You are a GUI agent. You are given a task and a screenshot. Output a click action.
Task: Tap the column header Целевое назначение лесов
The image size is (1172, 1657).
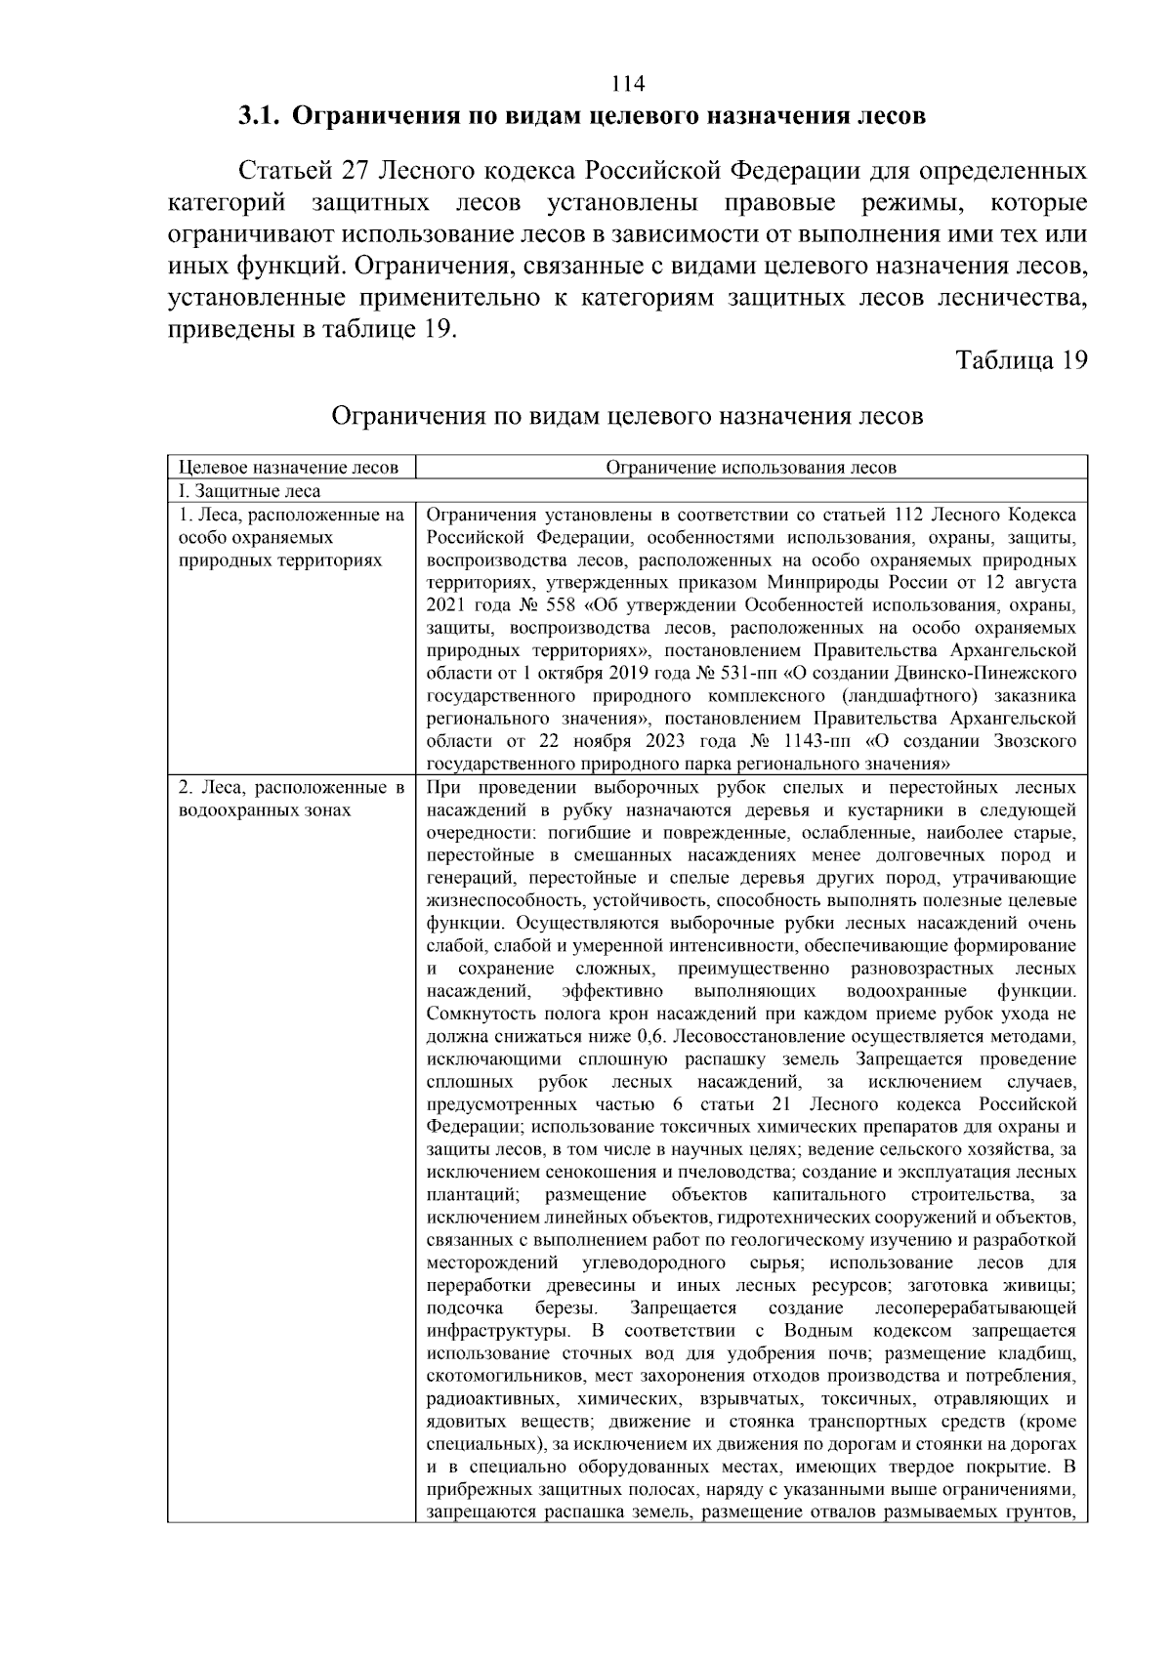click(x=290, y=468)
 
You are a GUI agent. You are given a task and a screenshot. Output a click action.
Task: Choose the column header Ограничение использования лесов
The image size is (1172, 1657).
click(x=750, y=468)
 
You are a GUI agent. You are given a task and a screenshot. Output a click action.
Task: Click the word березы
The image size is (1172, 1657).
click(x=567, y=1307)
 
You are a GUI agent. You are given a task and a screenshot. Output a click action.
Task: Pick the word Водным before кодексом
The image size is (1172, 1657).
click(x=819, y=1331)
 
